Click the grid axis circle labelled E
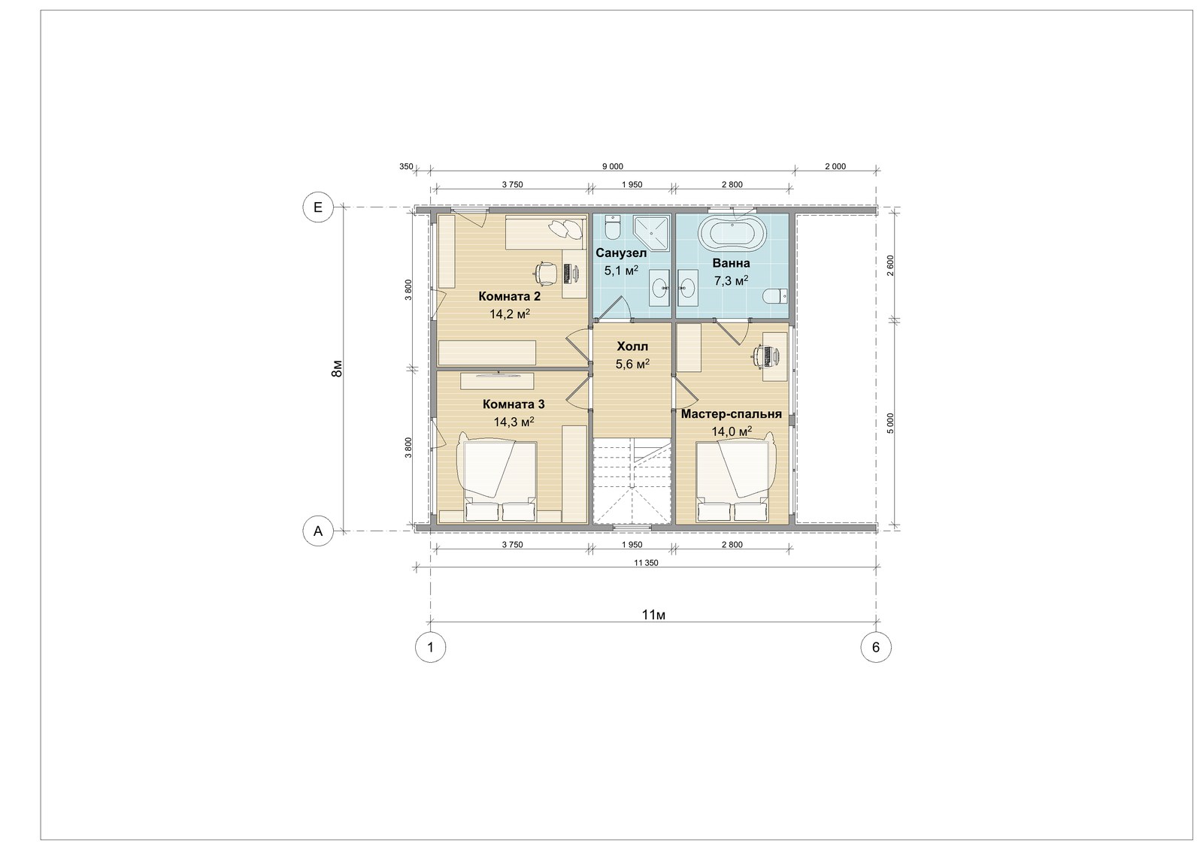tap(318, 207)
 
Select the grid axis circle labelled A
tap(318, 531)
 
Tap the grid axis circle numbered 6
tap(876, 648)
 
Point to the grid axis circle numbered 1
tap(430, 648)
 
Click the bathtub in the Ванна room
tap(732, 234)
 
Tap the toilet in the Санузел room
tap(612, 228)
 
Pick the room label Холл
tap(632, 346)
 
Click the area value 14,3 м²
tap(514, 422)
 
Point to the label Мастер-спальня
tap(732, 414)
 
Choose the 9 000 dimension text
tap(613, 166)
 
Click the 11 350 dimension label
tap(646, 563)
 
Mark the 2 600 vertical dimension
tap(891, 265)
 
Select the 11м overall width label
tap(653, 615)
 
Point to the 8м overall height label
tap(337, 369)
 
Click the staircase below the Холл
tap(632, 480)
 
